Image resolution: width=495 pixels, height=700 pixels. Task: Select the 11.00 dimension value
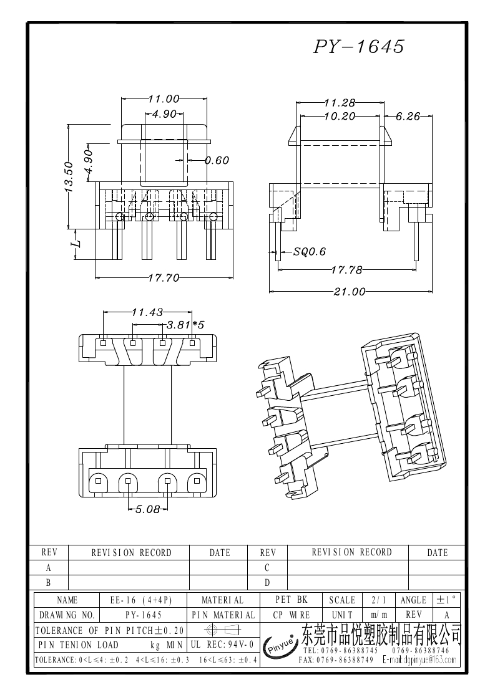(x=164, y=98)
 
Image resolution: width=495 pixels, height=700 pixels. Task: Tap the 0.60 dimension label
(x=217, y=160)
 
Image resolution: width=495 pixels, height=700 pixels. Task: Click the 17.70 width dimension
(x=164, y=278)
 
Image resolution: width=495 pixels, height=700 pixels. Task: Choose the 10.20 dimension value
(x=340, y=116)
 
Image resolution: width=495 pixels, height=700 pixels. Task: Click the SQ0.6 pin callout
(x=309, y=252)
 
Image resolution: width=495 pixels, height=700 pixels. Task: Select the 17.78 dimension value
(x=346, y=269)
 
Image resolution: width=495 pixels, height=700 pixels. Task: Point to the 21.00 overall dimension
(x=349, y=291)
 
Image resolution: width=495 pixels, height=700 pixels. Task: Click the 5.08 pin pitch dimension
(x=147, y=509)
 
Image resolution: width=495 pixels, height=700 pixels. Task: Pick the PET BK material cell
(x=292, y=600)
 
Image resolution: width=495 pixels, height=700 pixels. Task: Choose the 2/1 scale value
(x=378, y=600)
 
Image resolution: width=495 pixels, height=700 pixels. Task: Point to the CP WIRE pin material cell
(x=292, y=615)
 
